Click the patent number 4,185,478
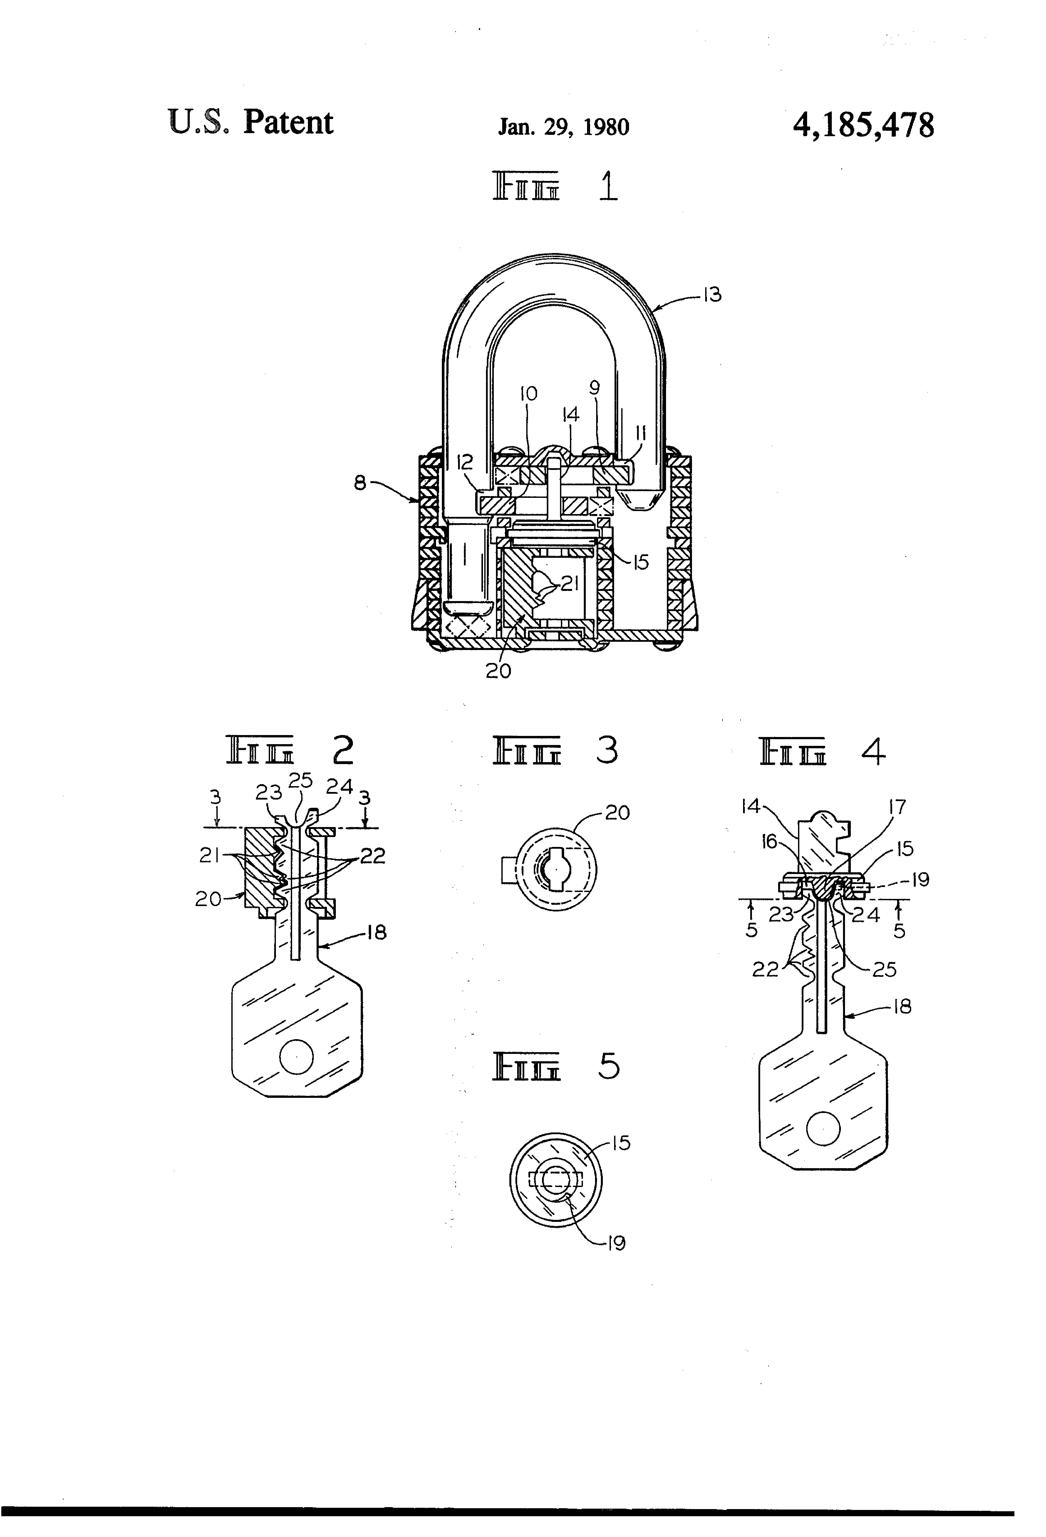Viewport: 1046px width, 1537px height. [x=863, y=125]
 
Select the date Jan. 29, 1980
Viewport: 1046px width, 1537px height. [x=563, y=126]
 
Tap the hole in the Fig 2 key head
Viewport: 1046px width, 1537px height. [x=296, y=1056]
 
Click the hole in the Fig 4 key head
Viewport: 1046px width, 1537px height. [x=823, y=1128]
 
